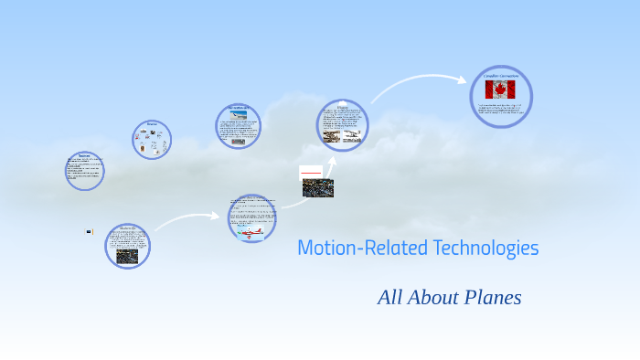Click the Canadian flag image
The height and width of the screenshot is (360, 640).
click(x=500, y=90)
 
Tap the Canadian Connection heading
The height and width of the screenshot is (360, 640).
click(x=501, y=76)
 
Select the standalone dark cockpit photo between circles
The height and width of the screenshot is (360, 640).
click(x=318, y=188)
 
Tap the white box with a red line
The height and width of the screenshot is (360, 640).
click(x=311, y=172)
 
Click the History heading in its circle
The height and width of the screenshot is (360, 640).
click(x=343, y=107)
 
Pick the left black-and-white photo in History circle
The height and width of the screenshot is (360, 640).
click(x=332, y=137)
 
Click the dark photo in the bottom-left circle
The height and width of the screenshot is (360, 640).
click(x=127, y=257)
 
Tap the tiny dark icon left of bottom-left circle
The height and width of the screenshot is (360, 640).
click(x=89, y=232)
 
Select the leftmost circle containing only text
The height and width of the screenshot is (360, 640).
click(x=84, y=171)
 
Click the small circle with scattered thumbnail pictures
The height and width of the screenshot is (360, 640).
click(x=152, y=140)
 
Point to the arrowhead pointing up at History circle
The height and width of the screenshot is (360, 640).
click(x=333, y=160)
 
